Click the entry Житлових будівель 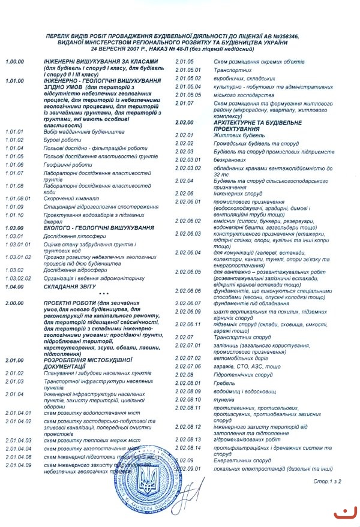235,135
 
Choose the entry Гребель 223,383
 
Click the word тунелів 224,399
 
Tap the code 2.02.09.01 188,468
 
